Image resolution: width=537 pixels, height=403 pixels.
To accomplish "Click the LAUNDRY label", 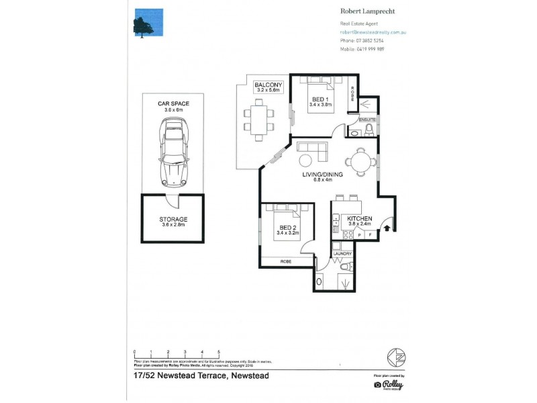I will [342, 253].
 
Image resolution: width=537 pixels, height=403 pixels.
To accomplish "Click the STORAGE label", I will [174, 219].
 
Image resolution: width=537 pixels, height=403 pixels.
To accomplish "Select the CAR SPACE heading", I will [173, 103].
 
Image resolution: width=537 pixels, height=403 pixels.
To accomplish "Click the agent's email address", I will [374, 32].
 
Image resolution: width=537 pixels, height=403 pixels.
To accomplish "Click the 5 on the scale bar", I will [219, 351].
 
